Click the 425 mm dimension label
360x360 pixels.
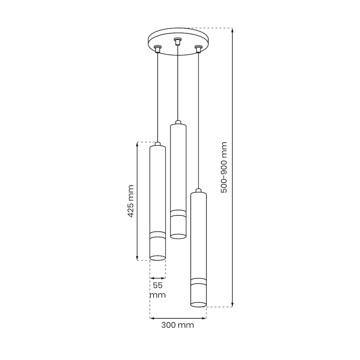pos(130,201)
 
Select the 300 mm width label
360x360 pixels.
pos(179,325)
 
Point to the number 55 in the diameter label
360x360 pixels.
pos(157,286)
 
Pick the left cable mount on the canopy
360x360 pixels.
pos(157,49)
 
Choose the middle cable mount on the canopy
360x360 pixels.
pos(177,42)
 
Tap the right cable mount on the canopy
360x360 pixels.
pos(198,48)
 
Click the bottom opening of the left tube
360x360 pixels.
pos(157,258)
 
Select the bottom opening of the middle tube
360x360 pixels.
pos(178,235)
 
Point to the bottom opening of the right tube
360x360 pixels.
pos(198,305)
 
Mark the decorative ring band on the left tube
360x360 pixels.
pos(157,234)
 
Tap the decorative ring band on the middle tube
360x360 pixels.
pos(178,213)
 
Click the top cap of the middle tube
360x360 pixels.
pos(178,122)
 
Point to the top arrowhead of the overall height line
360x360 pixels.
pos(232,30)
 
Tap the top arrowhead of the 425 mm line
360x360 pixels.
pos(137,144)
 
